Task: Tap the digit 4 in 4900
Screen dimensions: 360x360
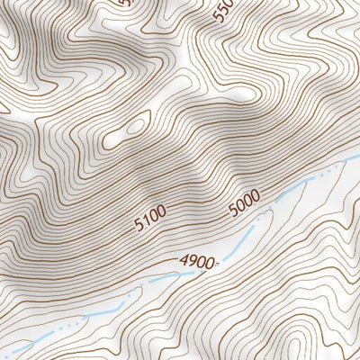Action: pos(184,262)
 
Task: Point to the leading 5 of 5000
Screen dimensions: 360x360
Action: pos(231,209)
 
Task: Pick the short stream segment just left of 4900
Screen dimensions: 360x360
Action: pos(157,280)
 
